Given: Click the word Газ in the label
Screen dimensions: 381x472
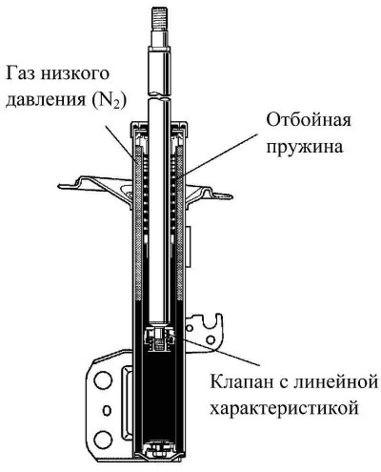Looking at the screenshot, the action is [21, 73].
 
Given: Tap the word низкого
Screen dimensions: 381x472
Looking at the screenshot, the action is [75, 73].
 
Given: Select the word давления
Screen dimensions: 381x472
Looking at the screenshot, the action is [46, 100].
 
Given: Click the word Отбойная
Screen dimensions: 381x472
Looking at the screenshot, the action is [309, 121].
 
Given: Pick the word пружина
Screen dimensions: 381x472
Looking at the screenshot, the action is [305, 148].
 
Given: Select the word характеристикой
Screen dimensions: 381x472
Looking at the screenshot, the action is [285, 408].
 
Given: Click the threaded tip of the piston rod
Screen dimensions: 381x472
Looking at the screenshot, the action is [160, 18].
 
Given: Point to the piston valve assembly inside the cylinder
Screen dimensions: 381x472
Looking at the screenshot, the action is [160, 340].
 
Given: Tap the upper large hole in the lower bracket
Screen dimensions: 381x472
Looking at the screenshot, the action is [103, 380].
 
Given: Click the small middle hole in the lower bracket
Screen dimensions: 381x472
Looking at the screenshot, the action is [108, 410].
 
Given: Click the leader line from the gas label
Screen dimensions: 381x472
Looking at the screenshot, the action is [122, 143].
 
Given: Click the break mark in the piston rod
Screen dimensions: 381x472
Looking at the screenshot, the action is [160, 96].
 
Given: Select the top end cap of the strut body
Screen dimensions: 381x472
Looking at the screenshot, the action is [160, 129].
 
